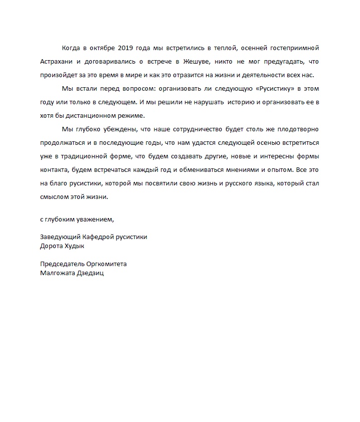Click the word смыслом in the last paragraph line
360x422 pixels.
(x=55, y=196)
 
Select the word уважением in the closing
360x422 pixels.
(x=97, y=219)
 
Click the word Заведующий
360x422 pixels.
(x=59, y=237)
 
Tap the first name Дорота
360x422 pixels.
(x=52, y=246)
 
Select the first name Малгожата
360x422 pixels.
(x=57, y=273)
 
